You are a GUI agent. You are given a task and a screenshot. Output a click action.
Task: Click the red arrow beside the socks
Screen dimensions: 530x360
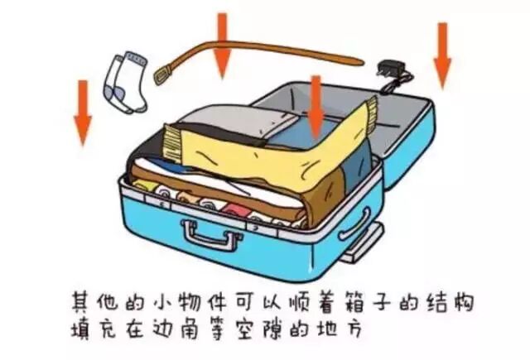pyautogui.click(x=82, y=112)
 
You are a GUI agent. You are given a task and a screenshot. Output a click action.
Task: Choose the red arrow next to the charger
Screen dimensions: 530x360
pyautogui.click(x=442, y=54)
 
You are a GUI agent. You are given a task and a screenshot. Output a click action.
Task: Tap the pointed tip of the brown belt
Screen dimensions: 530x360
pyautogui.click(x=358, y=60)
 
